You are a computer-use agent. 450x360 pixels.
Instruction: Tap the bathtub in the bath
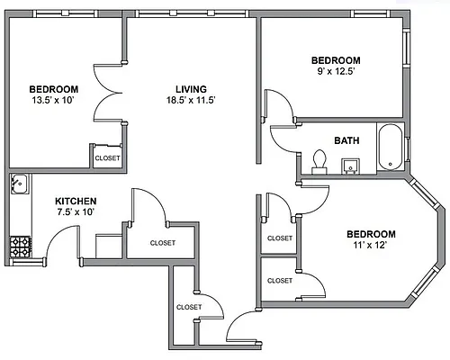[390, 148]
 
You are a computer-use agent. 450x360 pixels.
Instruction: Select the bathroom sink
[350, 166]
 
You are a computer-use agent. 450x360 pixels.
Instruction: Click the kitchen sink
[20, 184]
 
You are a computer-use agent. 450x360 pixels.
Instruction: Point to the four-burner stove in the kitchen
[21, 247]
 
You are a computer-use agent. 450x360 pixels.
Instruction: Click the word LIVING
[191, 89]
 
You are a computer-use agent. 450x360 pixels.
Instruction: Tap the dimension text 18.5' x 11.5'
[191, 100]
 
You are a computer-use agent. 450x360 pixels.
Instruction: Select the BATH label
[346, 140]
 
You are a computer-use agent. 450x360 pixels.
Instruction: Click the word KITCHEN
[76, 201]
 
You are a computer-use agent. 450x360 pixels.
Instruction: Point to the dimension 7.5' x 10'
[76, 211]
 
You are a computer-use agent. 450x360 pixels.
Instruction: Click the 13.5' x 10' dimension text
[53, 100]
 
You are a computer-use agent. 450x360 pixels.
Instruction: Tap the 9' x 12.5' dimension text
[336, 71]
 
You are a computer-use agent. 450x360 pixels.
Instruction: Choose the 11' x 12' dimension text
[370, 245]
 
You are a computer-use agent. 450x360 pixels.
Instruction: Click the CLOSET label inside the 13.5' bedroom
[107, 157]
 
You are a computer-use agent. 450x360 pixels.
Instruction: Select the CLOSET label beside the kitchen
[163, 243]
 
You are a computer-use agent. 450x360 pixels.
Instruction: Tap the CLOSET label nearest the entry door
[189, 307]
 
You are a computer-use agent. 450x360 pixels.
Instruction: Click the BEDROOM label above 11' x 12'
[371, 234]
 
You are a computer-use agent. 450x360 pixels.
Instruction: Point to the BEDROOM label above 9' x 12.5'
[336, 60]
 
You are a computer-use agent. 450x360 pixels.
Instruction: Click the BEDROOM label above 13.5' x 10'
[54, 89]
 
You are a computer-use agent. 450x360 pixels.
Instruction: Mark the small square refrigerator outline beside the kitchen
[109, 246]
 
